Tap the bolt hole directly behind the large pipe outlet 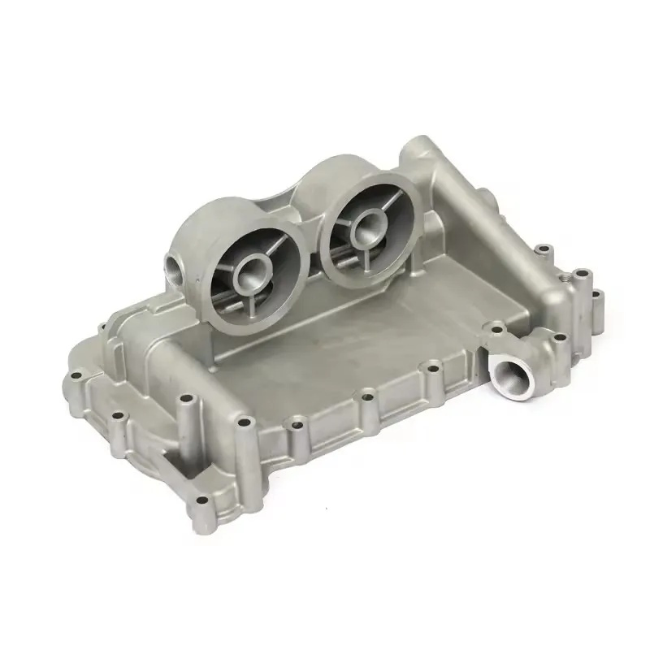[493, 329]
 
